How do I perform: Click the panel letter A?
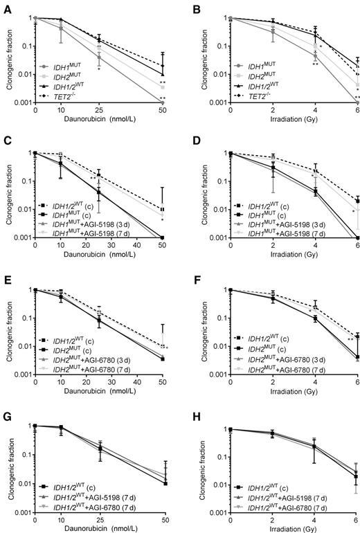click(x=6, y=6)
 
